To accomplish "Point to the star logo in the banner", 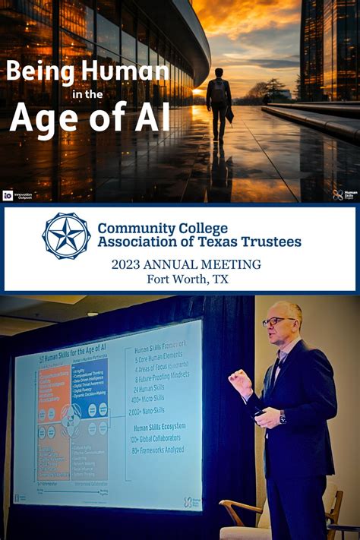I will pyautogui.click(x=66, y=235).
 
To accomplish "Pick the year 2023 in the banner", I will pyautogui.click(x=129, y=264).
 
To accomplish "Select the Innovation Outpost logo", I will pyautogui.click(x=16, y=195).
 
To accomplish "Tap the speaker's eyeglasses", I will pyautogui.click(x=275, y=321).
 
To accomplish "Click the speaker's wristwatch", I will pyautogui.click(x=282, y=418).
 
